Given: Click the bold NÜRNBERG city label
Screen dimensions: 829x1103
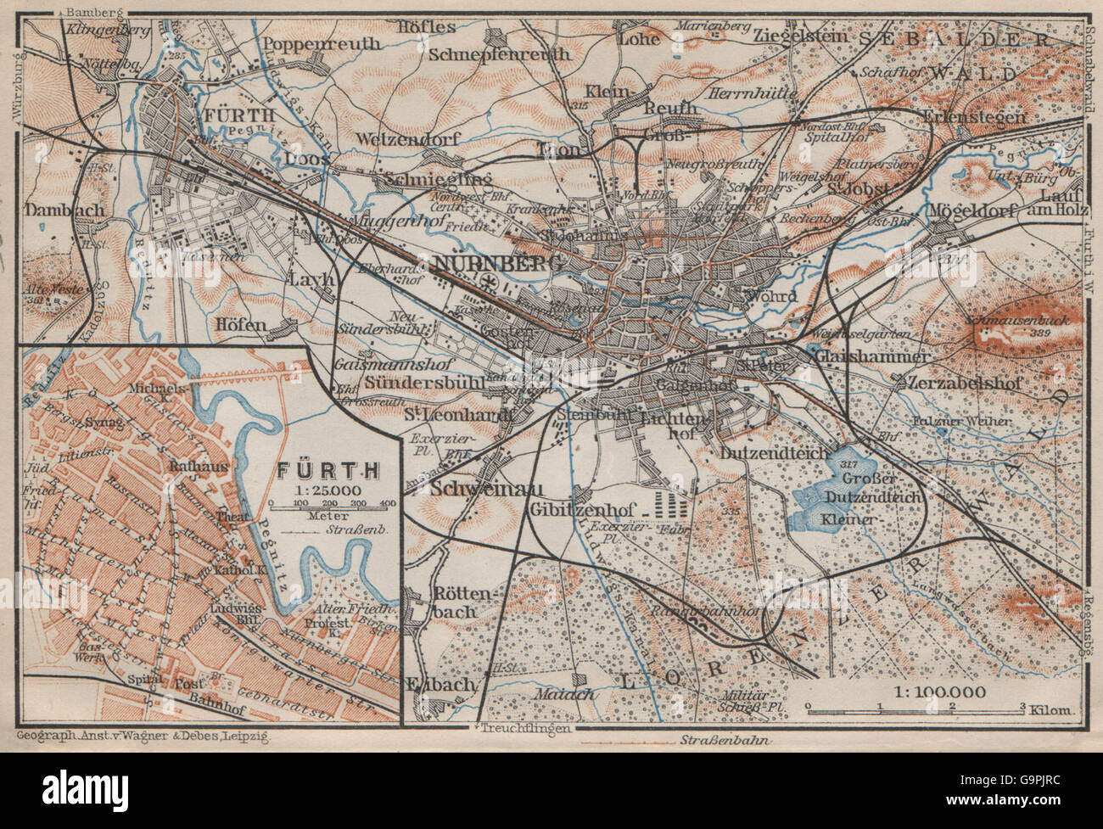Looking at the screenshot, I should pos(497,264).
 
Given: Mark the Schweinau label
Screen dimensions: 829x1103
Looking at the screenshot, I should pos(474,490).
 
